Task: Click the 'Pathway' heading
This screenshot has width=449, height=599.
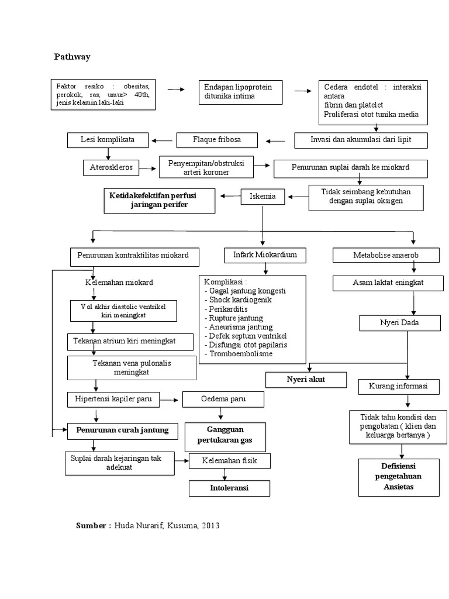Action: [x=72, y=57]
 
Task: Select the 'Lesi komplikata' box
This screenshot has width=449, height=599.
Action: [x=108, y=140]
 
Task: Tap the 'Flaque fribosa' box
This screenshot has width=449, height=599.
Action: [x=216, y=140]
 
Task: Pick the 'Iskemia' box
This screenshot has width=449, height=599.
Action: [x=263, y=197]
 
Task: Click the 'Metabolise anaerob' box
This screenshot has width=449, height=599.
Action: [x=386, y=255]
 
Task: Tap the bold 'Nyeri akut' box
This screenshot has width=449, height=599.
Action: [x=305, y=380]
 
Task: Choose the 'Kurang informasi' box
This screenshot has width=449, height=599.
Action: [x=398, y=387]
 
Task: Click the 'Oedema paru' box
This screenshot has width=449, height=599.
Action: [x=223, y=400]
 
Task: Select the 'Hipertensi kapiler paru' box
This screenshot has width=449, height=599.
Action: [x=113, y=400]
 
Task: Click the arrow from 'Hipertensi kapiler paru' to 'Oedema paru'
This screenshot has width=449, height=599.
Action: [x=169, y=400]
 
